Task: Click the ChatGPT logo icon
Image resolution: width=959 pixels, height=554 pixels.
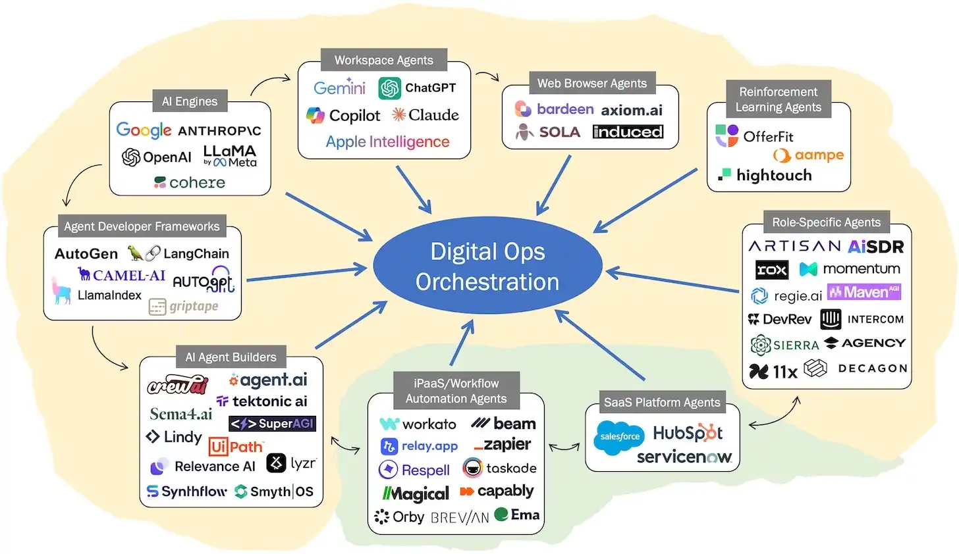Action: point(389,88)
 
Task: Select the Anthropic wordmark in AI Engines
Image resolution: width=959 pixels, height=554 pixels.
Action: point(219,131)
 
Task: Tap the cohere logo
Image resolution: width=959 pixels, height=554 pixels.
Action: point(190,182)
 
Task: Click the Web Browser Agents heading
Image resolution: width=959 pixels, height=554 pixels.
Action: point(591,84)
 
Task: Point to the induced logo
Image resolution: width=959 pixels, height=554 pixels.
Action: point(627,132)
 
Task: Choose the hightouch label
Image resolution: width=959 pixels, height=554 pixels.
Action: point(774,175)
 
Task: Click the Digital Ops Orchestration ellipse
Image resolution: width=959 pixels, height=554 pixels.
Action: point(487,266)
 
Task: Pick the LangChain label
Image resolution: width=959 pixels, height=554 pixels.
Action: point(196,253)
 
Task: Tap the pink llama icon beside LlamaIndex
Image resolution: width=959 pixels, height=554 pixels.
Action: point(61,291)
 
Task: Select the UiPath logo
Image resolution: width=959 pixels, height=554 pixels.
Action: point(236,447)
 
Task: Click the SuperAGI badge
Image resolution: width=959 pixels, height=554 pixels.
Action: point(272,424)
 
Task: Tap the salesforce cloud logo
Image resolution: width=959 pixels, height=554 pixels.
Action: point(620,436)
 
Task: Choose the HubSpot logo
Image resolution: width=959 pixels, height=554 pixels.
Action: point(688,432)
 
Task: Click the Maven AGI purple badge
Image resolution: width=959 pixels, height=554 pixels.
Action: point(863,291)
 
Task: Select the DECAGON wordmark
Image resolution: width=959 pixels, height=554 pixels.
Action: point(872,368)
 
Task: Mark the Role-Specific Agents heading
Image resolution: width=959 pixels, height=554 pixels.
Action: point(826,222)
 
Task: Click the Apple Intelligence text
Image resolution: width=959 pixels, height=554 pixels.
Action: point(387,141)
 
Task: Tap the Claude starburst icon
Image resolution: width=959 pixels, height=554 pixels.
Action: point(398,115)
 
